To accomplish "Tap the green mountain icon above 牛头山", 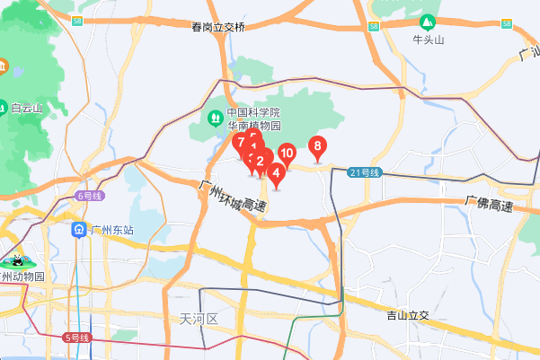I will click(429, 21).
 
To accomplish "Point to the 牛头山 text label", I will click(429, 40).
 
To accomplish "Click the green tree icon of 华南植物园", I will click(215, 117).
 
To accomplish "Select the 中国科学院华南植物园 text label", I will click(253, 119).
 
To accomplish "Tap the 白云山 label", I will click(27, 109).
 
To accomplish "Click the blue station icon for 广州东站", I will click(80, 230).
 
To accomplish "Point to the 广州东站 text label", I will click(111, 231).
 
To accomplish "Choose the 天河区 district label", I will click(199, 319).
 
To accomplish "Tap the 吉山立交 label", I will click(409, 315).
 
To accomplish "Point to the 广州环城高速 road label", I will click(233, 196).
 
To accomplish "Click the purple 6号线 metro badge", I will click(91, 195).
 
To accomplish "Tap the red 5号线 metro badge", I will click(77, 338).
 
